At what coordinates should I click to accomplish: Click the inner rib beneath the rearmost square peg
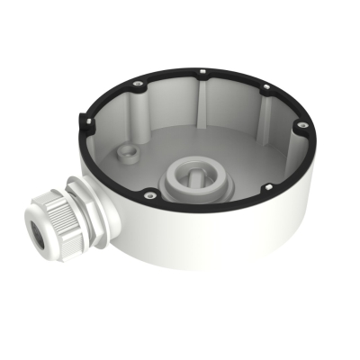206,99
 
